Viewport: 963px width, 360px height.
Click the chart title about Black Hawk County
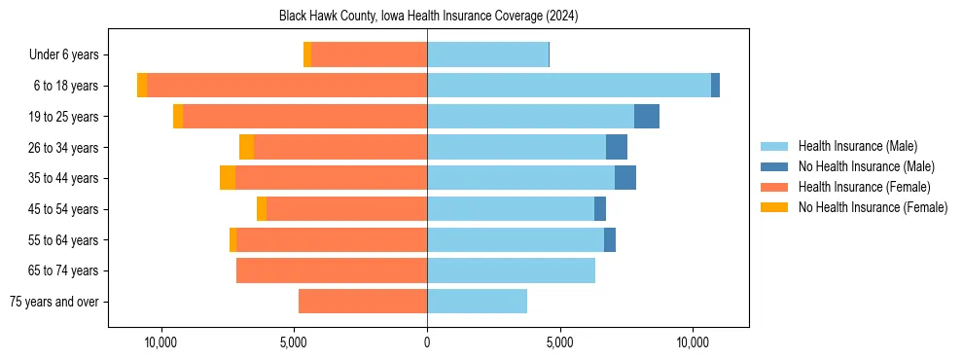[x=428, y=16]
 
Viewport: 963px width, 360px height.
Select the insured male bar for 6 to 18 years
[x=569, y=86]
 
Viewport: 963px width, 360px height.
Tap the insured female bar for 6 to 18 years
[x=287, y=86]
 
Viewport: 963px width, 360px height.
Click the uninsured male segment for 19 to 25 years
[x=647, y=117]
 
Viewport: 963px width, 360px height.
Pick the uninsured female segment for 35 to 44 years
[x=228, y=178]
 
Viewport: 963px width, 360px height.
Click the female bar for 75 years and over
[x=363, y=302]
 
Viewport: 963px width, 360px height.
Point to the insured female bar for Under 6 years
[x=370, y=55]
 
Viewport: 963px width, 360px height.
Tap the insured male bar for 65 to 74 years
[x=511, y=270]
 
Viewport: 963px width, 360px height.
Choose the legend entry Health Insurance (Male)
[x=857, y=146]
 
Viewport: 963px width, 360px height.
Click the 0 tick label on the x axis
[x=427, y=343]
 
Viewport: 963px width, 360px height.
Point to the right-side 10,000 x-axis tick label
[x=694, y=343]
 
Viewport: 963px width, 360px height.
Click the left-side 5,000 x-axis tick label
[x=294, y=343]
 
